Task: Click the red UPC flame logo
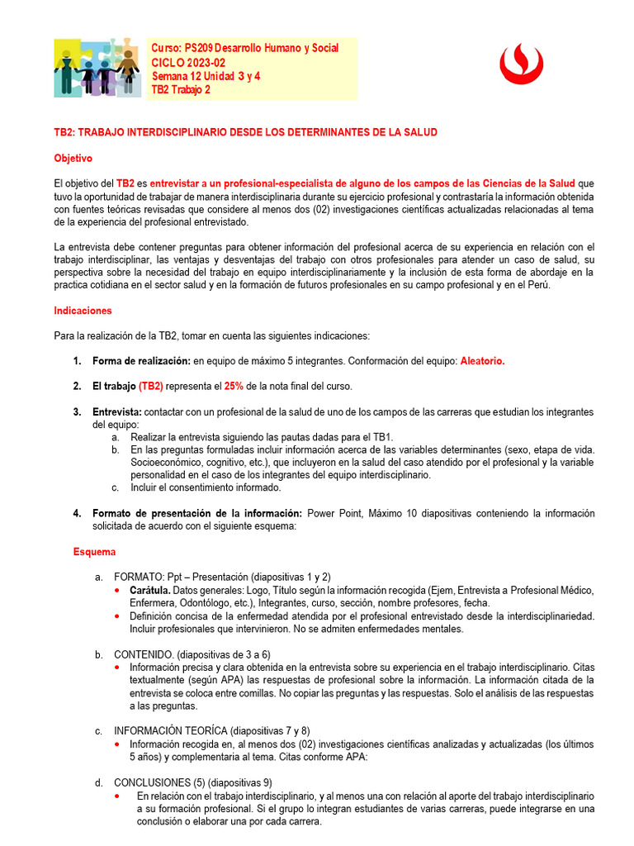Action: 521,64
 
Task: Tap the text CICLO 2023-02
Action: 187,63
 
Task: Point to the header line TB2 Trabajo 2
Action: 181,90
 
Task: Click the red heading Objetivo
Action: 73,158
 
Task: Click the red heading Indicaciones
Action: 83,311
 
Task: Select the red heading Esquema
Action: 95,551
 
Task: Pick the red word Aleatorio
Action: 482,361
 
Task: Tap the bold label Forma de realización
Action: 140,361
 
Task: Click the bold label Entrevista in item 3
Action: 116,411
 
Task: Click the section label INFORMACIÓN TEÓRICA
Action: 171,730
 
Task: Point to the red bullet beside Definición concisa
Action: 121,615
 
